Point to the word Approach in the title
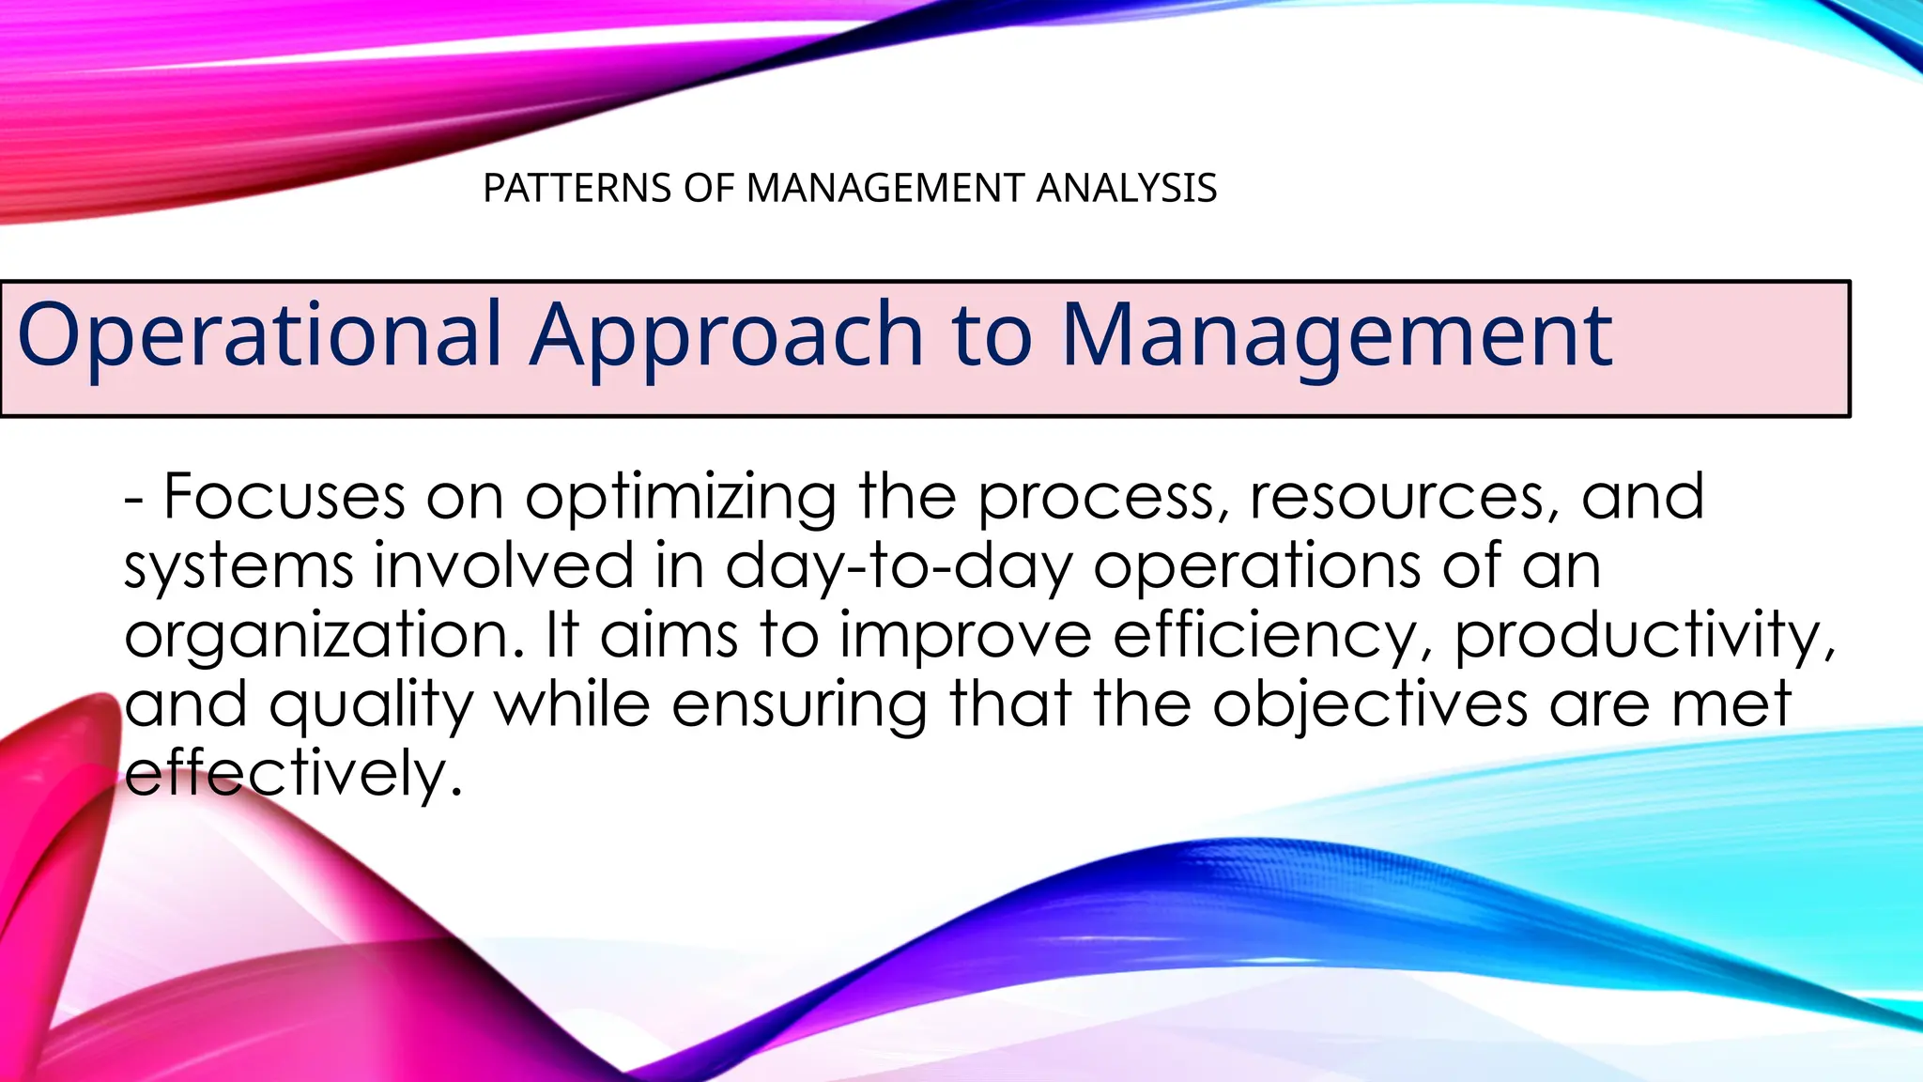[727, 336]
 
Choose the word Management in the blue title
[1336, 336]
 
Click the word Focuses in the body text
[285, 497]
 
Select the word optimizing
[681, 499]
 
